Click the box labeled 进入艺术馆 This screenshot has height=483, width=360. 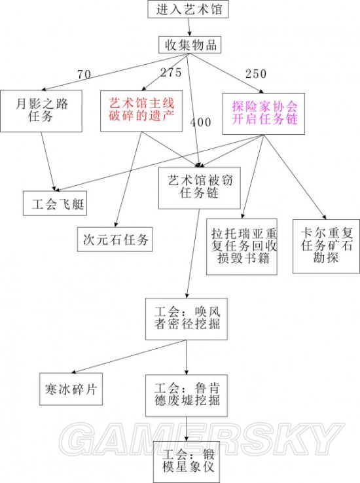pos(188,9)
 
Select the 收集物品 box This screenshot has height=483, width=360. pos(190,45)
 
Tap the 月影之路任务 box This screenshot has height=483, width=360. pos(41,111)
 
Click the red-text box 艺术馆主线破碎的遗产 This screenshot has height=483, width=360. pos(141,111)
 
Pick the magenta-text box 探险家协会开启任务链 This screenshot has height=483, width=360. pos(264,114)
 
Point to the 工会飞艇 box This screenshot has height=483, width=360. pos(55,204)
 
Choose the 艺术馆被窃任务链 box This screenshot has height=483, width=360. pos(199,188)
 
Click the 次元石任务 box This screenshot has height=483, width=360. pos(115,240)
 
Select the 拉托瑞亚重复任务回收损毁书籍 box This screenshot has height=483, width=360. pos(242,247)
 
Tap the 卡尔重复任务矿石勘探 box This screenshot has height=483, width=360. pos(326,246)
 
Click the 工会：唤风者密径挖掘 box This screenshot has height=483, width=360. pos(187,319)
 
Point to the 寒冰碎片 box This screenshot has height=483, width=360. pos(71,389)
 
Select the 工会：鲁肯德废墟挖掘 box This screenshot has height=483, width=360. pos(187,395)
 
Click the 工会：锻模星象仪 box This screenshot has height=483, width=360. pos(187,462)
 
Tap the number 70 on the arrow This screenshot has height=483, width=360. pos(84,74)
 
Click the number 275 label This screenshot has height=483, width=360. pos(171,73)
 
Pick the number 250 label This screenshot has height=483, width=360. pos(256,73)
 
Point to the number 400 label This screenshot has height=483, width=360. pos(200,122)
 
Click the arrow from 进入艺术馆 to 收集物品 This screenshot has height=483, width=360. pos(189,27)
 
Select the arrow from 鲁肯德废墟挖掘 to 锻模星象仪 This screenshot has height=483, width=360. pos(187,429)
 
